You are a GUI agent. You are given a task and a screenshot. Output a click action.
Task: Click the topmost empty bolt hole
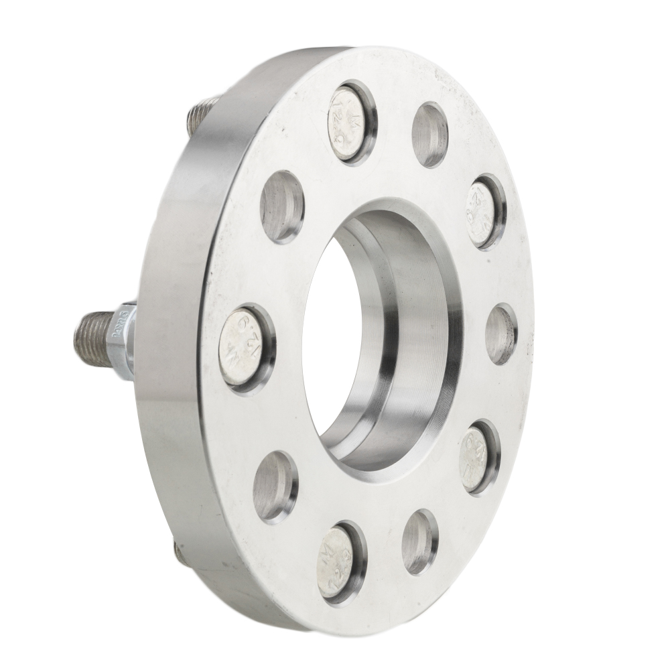click(x=429, y=135)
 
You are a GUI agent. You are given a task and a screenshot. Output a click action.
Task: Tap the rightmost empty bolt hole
click(x=500, y=334)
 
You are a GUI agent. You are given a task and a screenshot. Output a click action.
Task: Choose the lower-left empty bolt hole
click(x=275, y=485)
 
